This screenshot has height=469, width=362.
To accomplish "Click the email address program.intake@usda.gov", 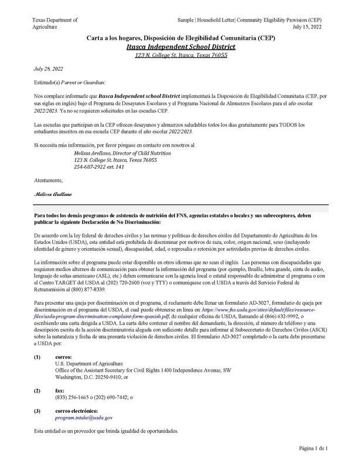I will coord(84,417).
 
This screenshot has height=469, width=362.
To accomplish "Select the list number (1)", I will coord(37,357).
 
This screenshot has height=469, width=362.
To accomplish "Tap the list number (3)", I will coord(37,410).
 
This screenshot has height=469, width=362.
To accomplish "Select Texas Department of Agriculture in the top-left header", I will coord(54,23).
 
